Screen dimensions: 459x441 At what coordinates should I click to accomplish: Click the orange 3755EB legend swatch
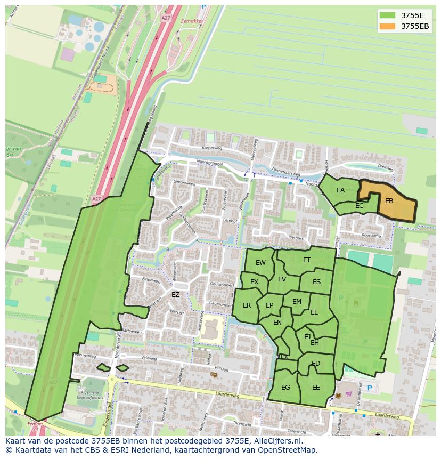click(388, 26)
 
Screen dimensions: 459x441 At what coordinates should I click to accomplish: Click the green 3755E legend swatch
click(388, 15)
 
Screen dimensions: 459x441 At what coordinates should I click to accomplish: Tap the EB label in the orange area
click(389, 201)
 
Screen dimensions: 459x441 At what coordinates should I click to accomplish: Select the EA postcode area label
click(340, 190)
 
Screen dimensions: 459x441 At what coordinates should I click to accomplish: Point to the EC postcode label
click(359, 206)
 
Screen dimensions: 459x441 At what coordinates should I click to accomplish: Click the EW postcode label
click(260, 263)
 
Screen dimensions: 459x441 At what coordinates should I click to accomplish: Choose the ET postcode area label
click(307, 260)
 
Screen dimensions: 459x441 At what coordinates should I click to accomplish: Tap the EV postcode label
click(282, 279)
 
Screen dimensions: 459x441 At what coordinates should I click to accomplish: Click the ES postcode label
click(316, 282)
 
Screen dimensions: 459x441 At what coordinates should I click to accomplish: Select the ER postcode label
click(247, 305)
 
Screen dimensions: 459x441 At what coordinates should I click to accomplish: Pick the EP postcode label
click(269, 305)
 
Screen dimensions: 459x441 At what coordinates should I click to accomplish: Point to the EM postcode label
click(297, 302)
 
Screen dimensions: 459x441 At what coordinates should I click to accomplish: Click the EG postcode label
click(285, 388)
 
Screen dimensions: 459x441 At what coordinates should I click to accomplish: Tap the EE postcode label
click(316, 388)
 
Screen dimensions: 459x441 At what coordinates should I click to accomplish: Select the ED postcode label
click(316, 364)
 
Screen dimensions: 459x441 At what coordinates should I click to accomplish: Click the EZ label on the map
click(175, 294)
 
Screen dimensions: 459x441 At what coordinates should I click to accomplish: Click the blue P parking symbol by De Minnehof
click(370, 388)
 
